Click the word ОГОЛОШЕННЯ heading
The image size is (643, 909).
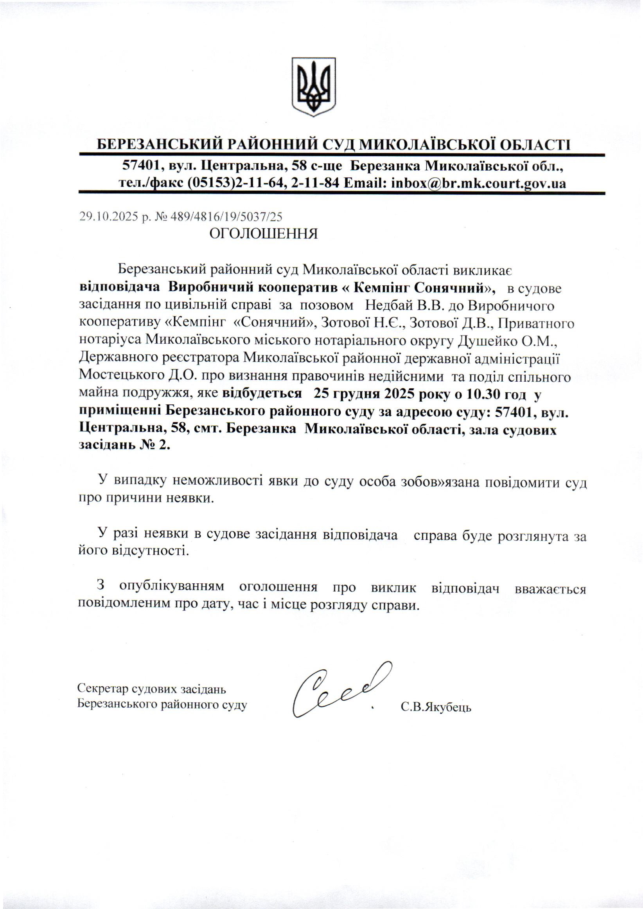pos(263,234)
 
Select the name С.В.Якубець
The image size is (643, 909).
pos(436,707)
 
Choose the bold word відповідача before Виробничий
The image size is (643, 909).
pos(120,288)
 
